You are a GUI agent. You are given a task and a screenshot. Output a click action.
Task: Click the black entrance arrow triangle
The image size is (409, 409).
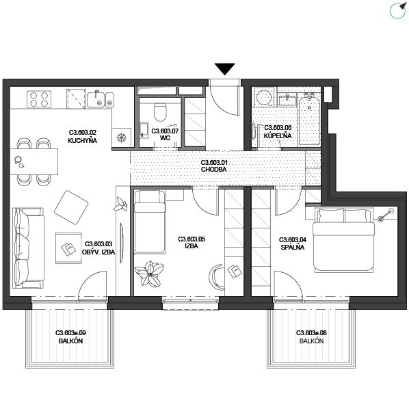(x=224, y=68)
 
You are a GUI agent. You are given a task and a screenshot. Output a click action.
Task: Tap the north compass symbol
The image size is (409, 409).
(x=398, y=10)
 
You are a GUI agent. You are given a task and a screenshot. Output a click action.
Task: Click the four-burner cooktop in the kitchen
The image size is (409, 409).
(x=39, y=99)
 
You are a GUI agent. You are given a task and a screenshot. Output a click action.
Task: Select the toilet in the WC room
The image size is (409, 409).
(x=160, y=112)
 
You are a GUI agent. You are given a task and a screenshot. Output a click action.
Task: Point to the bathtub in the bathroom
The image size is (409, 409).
(x=309, y=119)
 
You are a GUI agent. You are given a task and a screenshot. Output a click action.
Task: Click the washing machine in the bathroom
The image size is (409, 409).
(x=263, y=98)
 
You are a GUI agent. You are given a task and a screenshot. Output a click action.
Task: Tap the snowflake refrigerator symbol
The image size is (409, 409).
(x=122, y=137)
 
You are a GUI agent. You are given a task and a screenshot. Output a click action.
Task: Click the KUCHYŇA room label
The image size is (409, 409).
(x=83, y=141)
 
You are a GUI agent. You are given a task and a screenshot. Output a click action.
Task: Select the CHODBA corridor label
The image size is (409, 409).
(x=214, y=170)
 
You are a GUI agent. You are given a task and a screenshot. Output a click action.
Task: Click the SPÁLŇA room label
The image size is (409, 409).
(x=293, y=247)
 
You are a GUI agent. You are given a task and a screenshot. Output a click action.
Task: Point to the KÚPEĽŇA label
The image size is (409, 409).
(x=278, y=135)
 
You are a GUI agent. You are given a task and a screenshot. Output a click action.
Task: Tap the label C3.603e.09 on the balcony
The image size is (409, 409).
(x=70, y=333)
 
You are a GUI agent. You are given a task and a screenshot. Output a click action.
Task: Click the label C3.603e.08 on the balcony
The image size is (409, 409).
(x=311, y=333)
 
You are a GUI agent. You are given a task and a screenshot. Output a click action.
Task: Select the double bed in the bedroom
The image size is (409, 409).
(x=344, y=240)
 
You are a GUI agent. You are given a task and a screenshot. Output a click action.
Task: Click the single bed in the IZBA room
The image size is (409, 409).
(x=150, y=222)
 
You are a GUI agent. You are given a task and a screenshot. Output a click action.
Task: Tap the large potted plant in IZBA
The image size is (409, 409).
(x=150, y=274)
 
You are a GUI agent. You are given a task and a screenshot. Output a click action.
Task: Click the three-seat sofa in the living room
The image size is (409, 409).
(x=28, y=248)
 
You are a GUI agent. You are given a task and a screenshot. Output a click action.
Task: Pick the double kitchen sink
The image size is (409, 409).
(x=101, y=100)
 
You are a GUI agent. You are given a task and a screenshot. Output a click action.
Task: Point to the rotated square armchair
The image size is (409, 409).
(x=71, y=208)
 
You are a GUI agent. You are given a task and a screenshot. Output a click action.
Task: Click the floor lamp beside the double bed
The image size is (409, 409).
(x=386, y=215)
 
